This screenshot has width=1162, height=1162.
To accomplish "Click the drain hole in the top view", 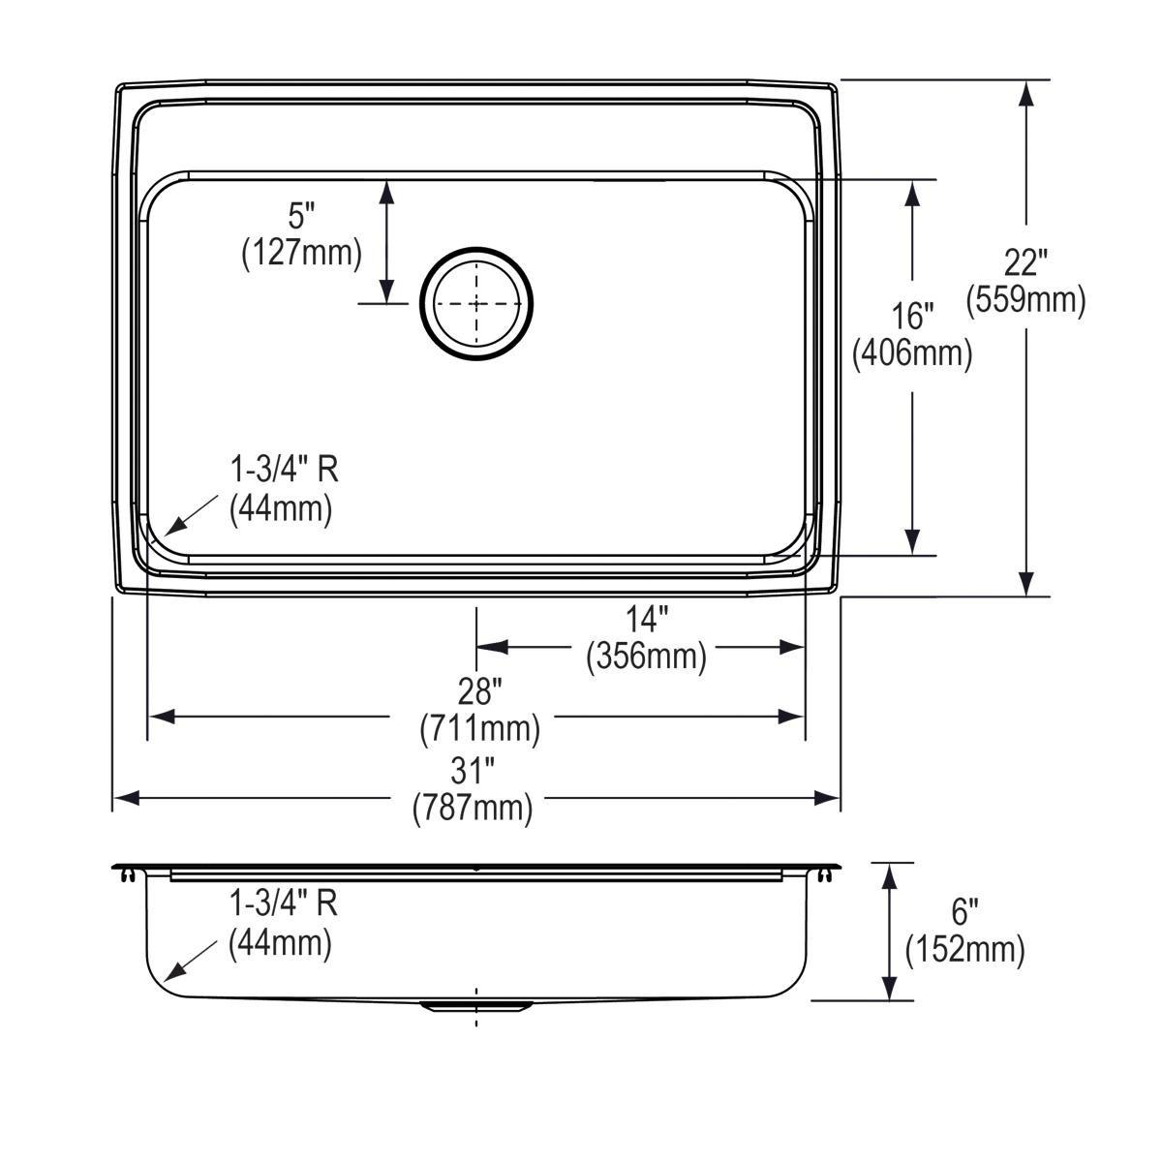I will coord(475,303).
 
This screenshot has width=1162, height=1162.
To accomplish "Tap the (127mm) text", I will coord(301,253).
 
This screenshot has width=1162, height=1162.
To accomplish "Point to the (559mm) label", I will coord(1025,299).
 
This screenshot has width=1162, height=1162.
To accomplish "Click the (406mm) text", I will coord(911,353).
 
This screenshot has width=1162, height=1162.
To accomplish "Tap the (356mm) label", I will coord(646,656).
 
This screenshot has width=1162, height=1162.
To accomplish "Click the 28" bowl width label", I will coord(479,690).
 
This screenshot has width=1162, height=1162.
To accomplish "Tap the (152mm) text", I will coord(963,950).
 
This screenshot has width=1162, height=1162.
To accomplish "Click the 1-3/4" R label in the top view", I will coord(283,471).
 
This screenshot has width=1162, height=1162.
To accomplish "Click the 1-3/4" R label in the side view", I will coord(283,904).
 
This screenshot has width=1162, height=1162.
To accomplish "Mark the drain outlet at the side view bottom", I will coord(475,1006).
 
